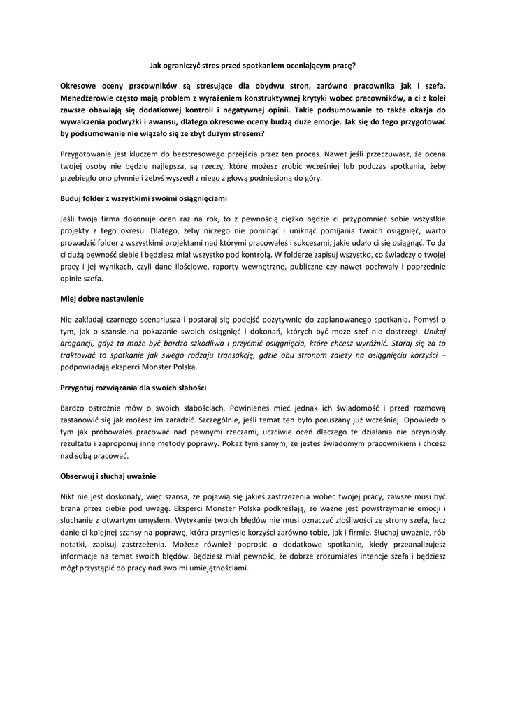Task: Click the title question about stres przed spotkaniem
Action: point(253,66)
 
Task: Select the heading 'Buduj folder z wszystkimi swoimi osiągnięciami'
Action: point(143,198)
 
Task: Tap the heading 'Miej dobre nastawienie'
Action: point(102,299)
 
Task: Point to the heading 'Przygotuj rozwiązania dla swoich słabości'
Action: point(133,387)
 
